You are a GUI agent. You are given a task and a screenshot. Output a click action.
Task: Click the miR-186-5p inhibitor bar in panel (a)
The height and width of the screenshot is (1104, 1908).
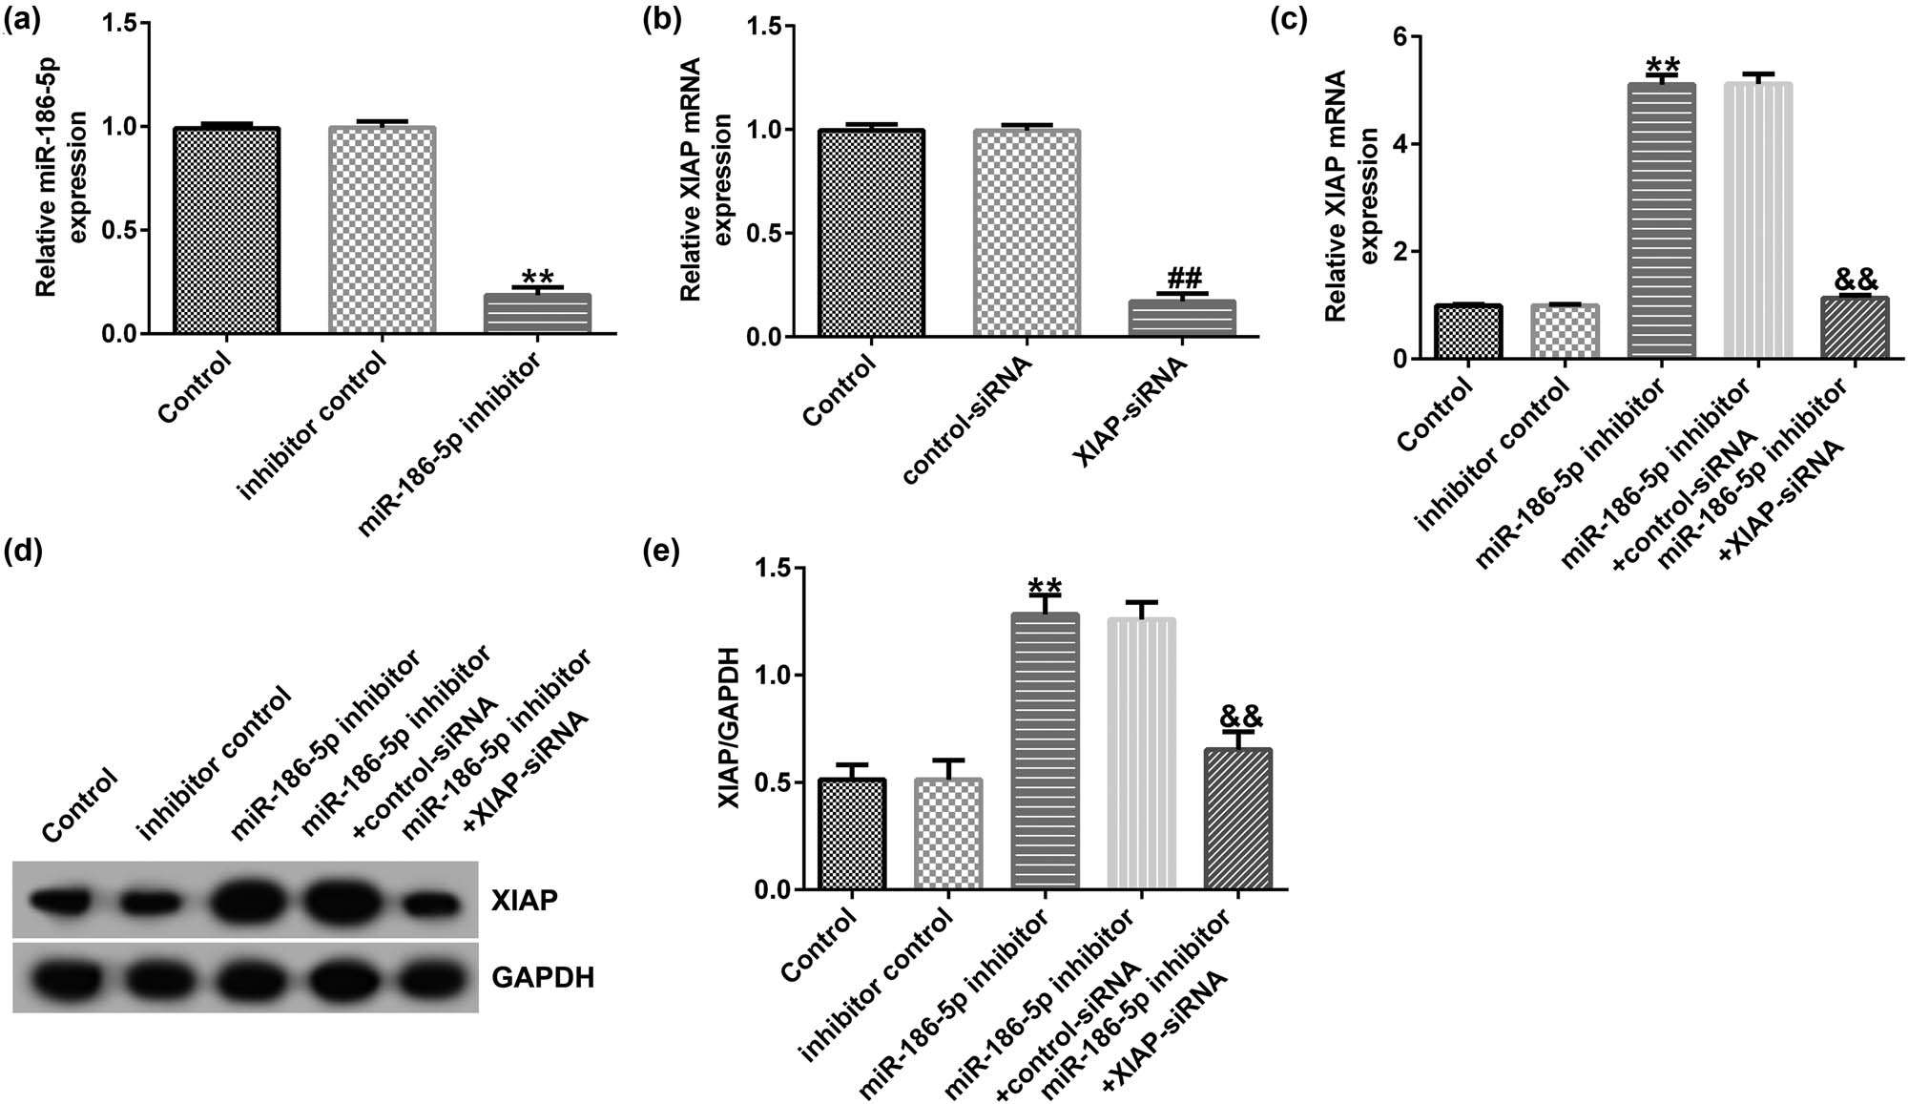coord(538,314)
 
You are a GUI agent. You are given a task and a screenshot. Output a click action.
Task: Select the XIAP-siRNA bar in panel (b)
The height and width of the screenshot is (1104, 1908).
coord(1182,319)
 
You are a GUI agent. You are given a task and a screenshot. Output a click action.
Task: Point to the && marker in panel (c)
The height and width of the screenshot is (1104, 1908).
coord(1856,280)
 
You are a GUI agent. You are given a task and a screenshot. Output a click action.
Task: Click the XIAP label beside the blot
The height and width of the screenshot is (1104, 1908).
coord(524,900)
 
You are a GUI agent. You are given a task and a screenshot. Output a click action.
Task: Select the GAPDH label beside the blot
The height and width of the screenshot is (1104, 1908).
coord(543,977)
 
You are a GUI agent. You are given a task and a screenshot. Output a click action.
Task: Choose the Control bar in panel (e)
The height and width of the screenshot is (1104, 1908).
coord(852,834)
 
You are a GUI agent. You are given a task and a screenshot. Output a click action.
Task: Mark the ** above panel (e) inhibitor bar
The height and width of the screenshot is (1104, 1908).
coord(1046,587)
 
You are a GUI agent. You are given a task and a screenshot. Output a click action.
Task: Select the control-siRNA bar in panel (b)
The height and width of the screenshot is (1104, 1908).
coord(1027,233)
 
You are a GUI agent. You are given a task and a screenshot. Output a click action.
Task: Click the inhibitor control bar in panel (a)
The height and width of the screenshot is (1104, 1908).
coord(383,230)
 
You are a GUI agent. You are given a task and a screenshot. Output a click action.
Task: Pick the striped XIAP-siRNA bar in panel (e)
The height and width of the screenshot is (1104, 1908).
coord(1238,819)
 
